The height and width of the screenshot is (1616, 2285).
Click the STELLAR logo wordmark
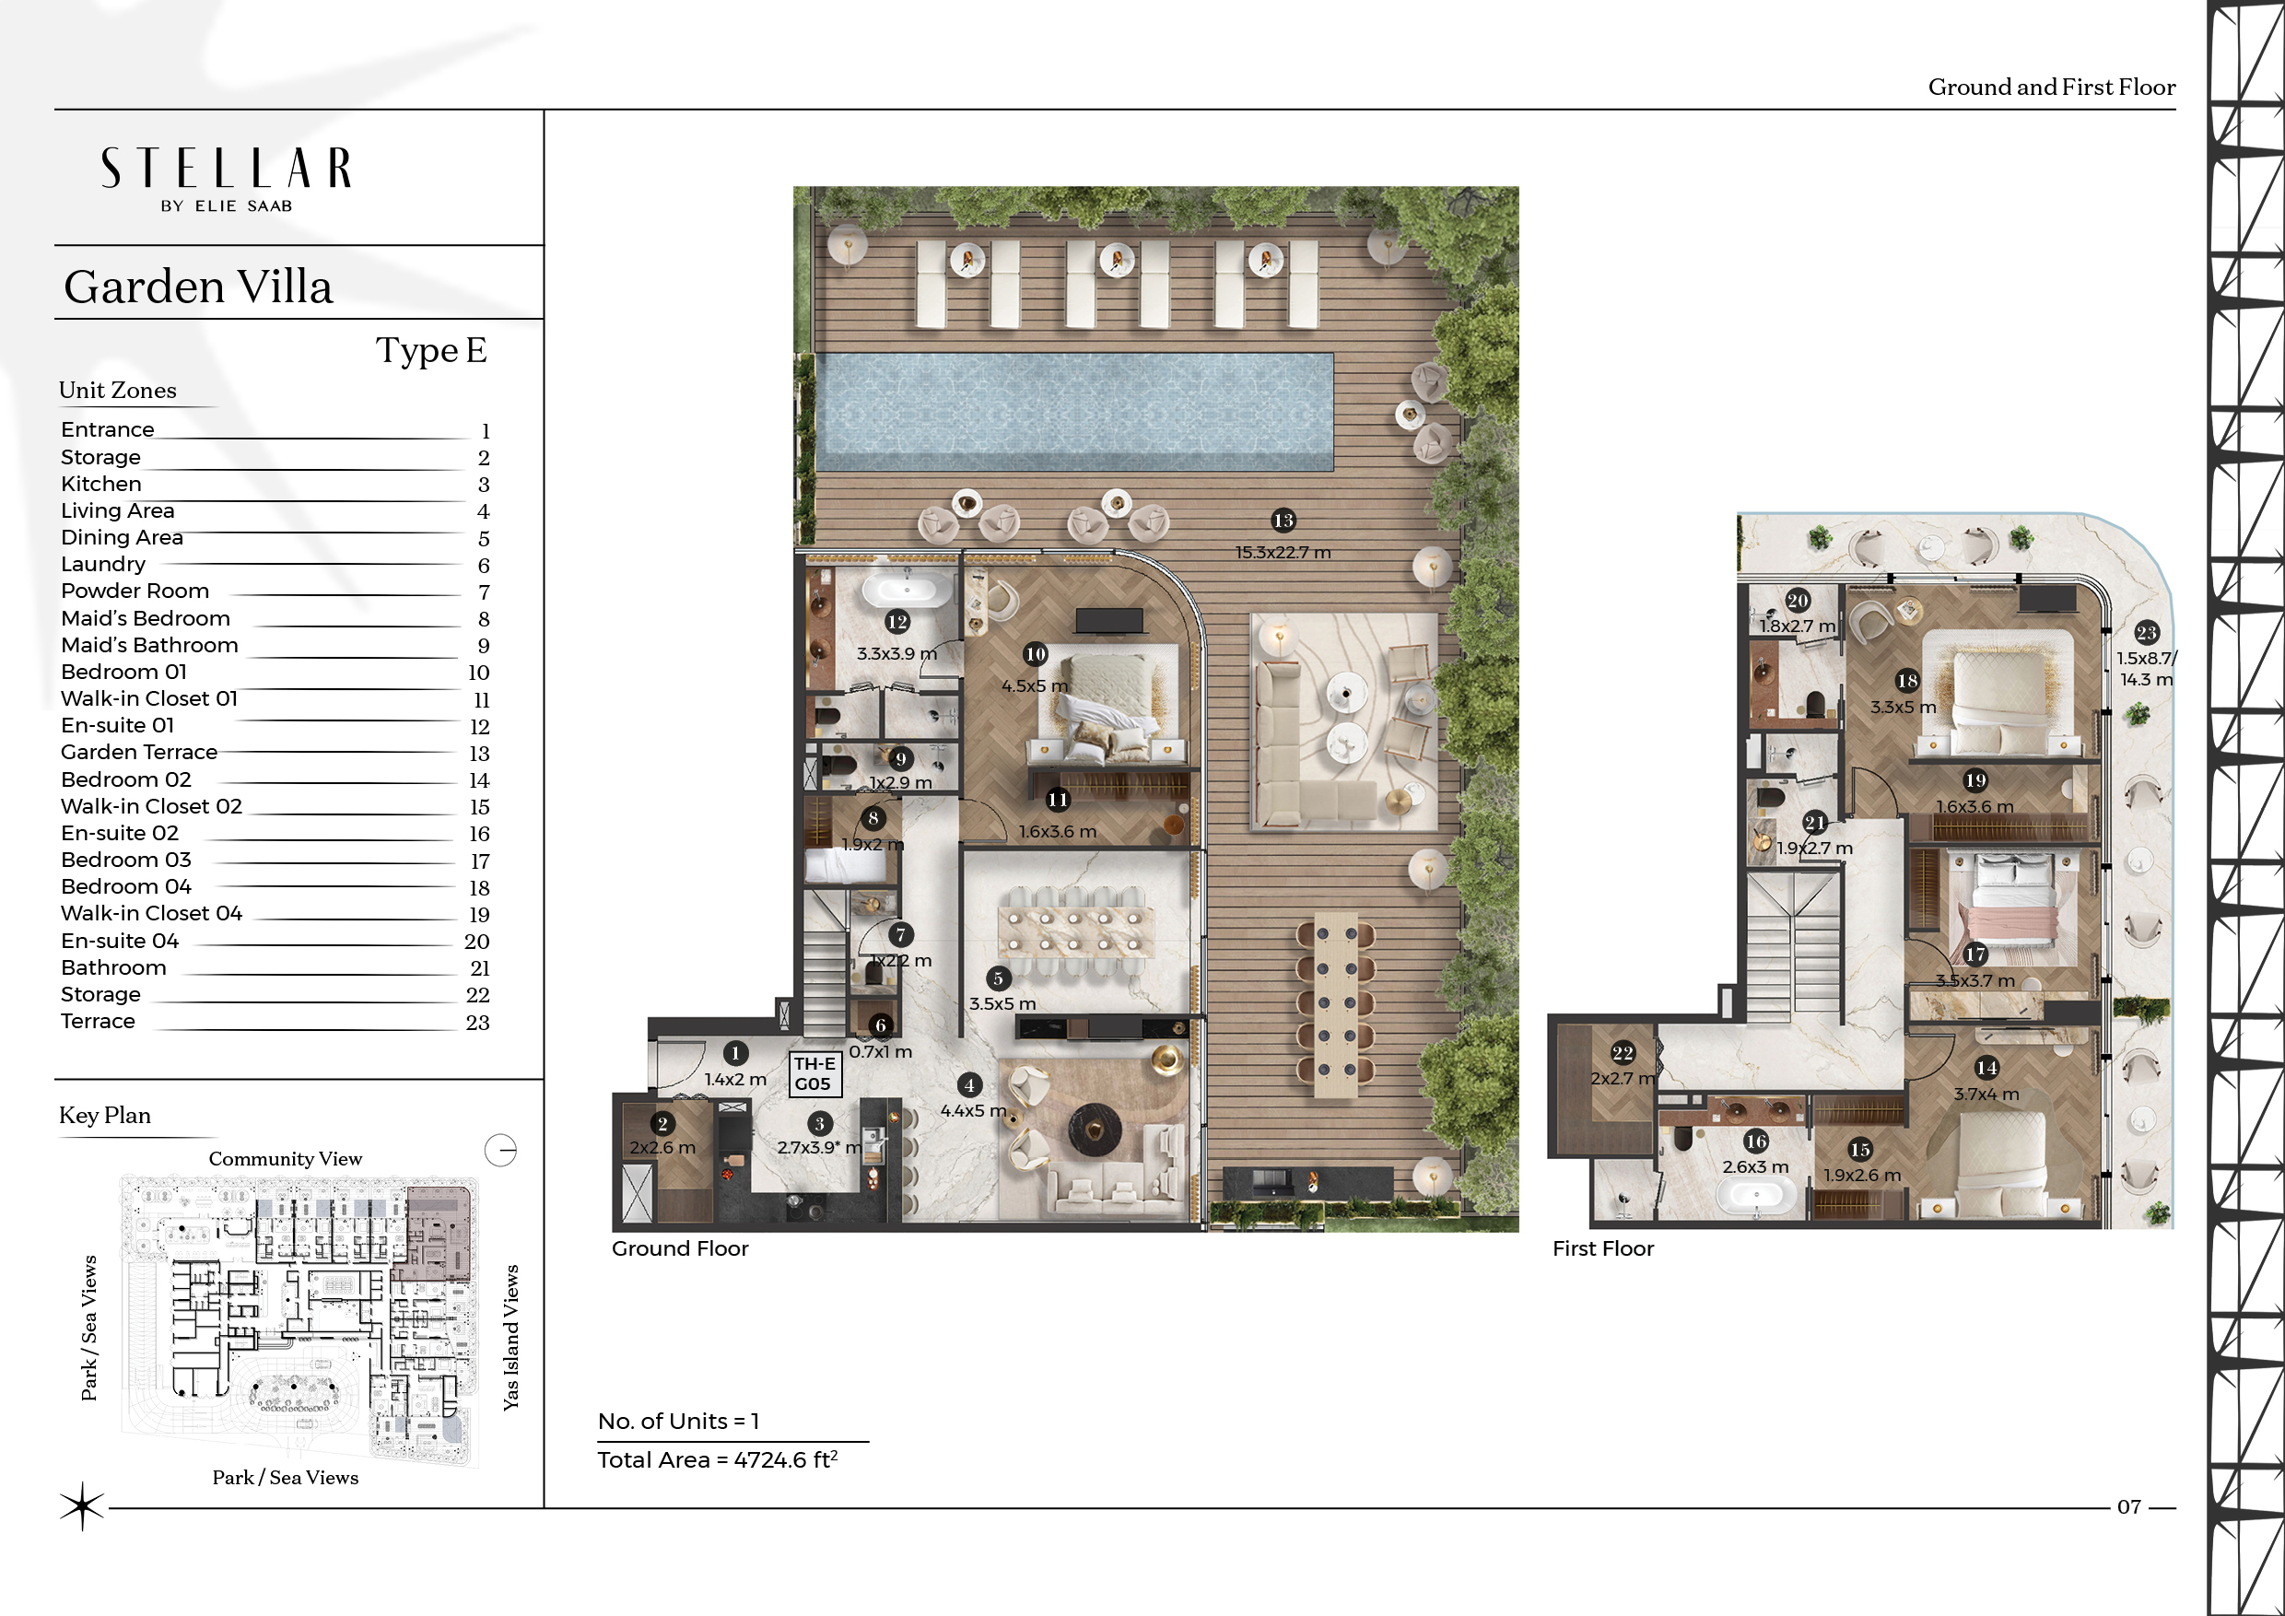(226, 169)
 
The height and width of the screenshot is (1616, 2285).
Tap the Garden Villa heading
(198, 287)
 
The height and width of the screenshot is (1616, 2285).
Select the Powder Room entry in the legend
(135, 591)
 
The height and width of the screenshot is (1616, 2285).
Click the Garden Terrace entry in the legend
(139, 753)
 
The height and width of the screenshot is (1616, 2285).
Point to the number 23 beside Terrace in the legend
(477, 1022)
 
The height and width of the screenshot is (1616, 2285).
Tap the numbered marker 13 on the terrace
(1283, 521)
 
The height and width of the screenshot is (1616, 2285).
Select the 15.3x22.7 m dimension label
(1283, 552)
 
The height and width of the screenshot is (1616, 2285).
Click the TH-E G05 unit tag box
(815, 1073)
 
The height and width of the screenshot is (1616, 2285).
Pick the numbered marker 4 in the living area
(969, 1085)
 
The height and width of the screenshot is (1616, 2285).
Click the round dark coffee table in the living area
(1095, 1130)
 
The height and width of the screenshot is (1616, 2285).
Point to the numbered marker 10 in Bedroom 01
(1035, 654)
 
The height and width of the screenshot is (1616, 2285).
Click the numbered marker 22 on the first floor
(1623, 1053)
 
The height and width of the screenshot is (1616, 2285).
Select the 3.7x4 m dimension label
(1986, 1094)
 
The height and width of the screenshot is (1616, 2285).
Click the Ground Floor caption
(680, 1248)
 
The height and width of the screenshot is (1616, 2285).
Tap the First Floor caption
(1603, 1248)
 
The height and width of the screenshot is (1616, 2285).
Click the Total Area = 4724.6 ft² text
(718, 1459)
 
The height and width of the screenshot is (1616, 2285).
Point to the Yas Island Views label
(510, 1338)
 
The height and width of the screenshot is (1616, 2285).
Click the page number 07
(2128, 1507)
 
